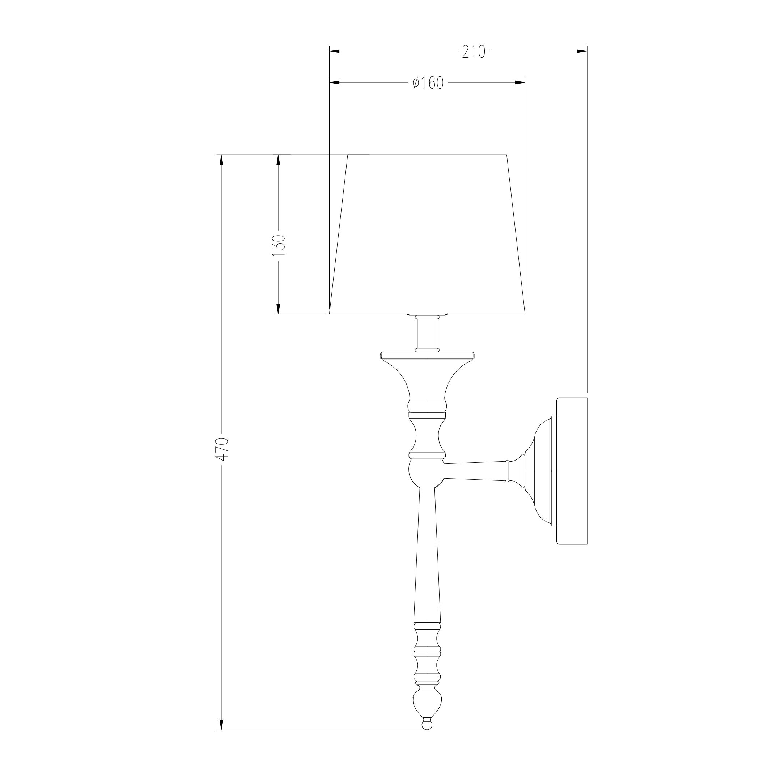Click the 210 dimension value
coord(474,52)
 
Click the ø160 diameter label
coord(428,83)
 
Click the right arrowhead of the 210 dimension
coord(582,51)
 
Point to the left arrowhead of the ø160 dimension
coord(335,82)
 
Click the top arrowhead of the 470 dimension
coord(221,160)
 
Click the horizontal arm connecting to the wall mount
coord(474,471)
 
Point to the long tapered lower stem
coord(427,562)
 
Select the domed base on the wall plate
coord(540,471)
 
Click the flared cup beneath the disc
coord(427,379)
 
